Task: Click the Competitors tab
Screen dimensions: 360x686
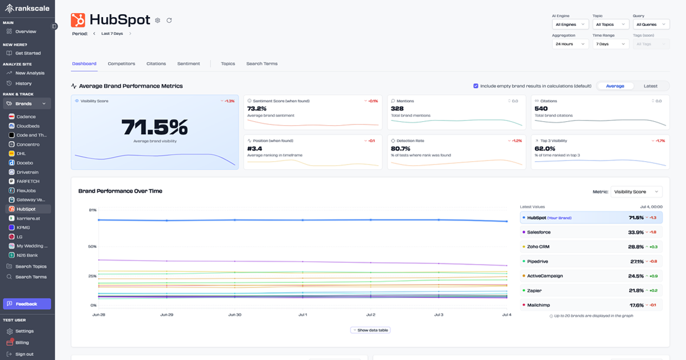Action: (x=121, y=63)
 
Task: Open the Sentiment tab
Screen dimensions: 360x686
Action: (x=189, y=63)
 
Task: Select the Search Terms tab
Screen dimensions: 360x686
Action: (x=262, y=63)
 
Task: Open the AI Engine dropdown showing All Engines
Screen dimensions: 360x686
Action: (x=570, y=25)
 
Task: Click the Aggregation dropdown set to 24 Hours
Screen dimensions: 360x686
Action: (x=570, y=44)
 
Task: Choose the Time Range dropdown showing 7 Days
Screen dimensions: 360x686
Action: (x=610, y=44)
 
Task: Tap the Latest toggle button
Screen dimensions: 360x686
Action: (x=650, y=86)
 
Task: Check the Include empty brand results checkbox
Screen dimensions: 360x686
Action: (x=476, y=86)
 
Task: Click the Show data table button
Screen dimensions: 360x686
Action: (x=370, y=330)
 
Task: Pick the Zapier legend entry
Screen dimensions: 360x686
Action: (x=536, y=290)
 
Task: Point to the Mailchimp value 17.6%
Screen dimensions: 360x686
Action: (x=636, y=305)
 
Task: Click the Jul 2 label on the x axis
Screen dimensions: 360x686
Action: (x=370, y=315)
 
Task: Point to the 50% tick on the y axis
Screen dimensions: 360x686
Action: (x=93, y=246)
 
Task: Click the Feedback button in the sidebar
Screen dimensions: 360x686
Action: (x=27, y=304)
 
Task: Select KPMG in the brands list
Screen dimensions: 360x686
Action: (x=23, y=227)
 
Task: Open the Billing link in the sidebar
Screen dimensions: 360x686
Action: (x=22, y=342)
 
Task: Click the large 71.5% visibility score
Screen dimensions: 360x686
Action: (x=154, y=127)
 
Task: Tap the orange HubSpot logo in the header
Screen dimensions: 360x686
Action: (x=78, y=20)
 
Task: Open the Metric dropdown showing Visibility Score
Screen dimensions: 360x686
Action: (x=636, y=192)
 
